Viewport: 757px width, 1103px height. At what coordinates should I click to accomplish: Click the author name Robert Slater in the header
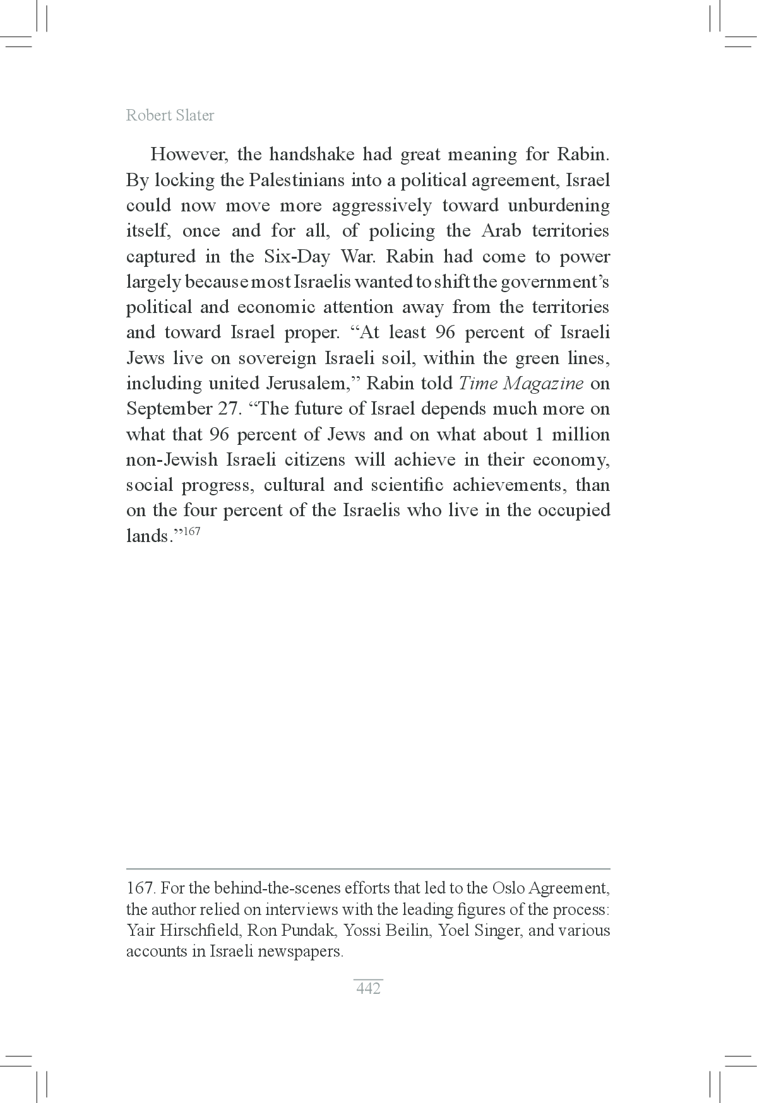click(x=170, y=115)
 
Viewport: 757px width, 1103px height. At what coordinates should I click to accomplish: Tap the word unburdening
click(x=559, y=206)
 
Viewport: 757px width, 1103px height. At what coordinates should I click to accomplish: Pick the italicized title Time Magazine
click(x=521, y=384)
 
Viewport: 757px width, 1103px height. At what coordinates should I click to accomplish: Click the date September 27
click(x=181, y=409)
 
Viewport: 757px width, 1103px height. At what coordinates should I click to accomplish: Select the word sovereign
click(x=277, y=358)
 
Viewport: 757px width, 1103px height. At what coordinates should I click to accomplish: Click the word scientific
click(x=407, y=485)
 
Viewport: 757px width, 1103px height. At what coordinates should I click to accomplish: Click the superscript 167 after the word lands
click(x=191, y=531)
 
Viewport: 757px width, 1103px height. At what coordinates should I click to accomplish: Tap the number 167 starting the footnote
click(x=140, y=888)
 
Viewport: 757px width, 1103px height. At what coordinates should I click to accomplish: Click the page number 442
click(x=368, y=989)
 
